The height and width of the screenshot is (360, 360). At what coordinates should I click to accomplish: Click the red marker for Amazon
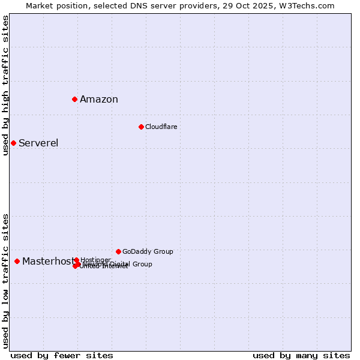click(74, 99)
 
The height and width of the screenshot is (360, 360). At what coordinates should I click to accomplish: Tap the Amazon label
click(99, 100)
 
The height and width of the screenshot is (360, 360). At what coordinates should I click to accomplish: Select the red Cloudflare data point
click(141, 127)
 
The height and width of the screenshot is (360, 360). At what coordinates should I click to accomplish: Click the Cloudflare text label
click(161, 127)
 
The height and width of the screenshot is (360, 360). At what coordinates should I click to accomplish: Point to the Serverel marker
click(13, 143)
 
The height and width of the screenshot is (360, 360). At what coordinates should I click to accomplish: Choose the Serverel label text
click(38, 143)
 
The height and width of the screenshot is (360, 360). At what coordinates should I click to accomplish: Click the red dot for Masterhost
click(17, 261)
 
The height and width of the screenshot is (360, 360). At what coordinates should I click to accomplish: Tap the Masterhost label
click(48, 261)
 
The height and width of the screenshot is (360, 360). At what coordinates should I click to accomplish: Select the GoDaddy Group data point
click(118, 251)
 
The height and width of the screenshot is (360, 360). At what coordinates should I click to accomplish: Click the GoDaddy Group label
click(148, 251)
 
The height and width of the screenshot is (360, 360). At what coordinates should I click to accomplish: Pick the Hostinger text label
click(95, 260)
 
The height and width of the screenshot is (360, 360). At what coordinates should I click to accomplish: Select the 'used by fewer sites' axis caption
click(62, 355)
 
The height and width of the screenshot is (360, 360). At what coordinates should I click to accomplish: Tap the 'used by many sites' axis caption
click(301, 355)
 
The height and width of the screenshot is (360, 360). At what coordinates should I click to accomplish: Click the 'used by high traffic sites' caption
click(5, 85)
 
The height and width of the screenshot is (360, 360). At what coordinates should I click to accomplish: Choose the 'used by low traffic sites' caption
click(5, 281)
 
